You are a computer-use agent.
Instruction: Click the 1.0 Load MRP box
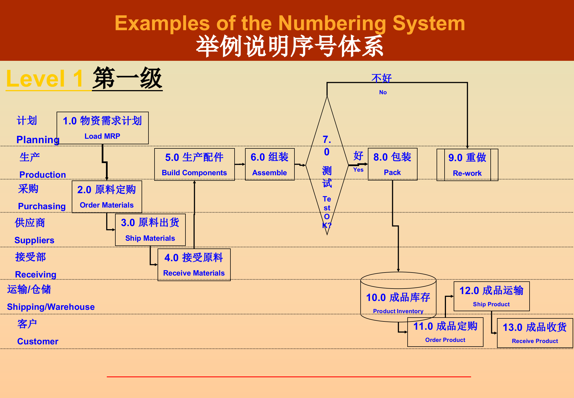102,128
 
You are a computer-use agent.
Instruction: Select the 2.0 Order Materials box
107,197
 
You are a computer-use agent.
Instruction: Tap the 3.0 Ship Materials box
150,230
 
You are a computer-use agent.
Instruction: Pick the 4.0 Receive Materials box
194,265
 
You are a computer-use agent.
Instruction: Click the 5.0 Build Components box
194,164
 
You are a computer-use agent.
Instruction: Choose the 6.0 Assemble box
270,164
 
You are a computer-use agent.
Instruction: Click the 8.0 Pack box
392,164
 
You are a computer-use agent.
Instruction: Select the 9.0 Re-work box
467,165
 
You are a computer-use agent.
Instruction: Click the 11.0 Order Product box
445,332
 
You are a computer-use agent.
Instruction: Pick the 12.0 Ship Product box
491,296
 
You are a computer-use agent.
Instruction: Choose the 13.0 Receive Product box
535,333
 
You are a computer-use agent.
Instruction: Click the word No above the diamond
383,92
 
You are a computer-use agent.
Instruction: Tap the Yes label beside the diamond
358,170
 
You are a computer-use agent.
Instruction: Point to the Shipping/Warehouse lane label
51,307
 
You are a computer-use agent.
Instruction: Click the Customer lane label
38,341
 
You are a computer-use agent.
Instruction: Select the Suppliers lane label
34,240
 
